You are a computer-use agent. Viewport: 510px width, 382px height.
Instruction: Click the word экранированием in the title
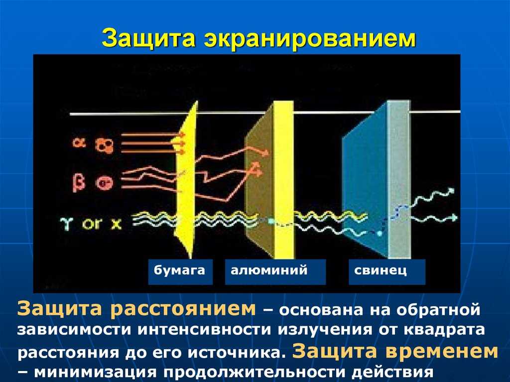[310, 39]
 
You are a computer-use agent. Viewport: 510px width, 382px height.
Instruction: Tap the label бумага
[179, 271]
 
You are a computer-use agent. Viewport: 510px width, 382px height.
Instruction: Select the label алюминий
[269, 270]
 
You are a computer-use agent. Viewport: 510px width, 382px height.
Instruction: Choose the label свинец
[380, 270]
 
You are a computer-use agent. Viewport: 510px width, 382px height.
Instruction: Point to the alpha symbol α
[79, 142]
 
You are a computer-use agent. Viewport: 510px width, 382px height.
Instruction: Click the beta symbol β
[79, 183]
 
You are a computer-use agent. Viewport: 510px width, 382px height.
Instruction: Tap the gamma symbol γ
[66, 224]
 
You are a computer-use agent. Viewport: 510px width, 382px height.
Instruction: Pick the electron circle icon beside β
[105, 183]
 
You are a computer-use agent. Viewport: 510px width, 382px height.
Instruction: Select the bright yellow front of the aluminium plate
[283, 179]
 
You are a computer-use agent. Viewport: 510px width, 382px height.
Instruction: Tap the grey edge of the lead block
[399, 179]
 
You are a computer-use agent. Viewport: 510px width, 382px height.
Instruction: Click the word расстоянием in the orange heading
[183, 308]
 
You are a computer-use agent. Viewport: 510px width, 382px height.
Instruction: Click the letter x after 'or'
[116, 224]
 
